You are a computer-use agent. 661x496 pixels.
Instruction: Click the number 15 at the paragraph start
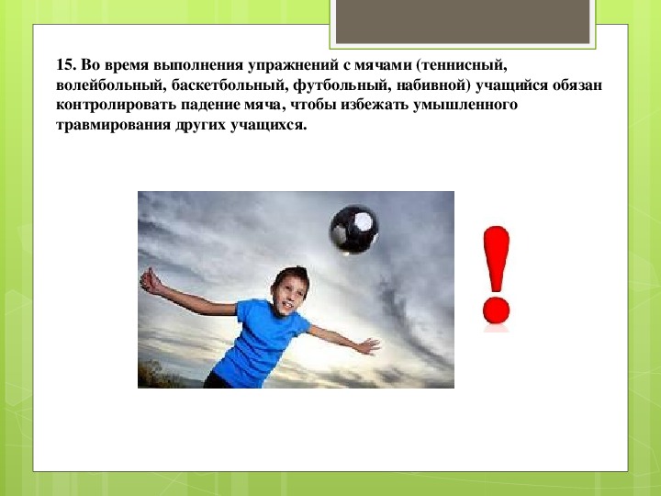(65, 65)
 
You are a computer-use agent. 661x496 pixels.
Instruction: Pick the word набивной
(432, 85)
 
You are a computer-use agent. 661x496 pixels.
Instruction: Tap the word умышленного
(465, 105)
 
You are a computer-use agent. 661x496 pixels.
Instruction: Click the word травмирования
(113, 125)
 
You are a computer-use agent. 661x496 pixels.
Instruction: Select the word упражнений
(292, 66)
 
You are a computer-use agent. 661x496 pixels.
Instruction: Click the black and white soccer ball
(353, 230)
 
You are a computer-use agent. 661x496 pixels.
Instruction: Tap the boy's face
(288, 294)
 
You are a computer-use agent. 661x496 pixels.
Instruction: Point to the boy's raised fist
(150, 281)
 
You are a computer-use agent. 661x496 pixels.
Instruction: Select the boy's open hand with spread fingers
(367, 346)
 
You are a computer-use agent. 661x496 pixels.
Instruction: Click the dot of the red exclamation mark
(496, 310)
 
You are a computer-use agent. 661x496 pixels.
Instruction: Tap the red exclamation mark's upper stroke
(496, 259)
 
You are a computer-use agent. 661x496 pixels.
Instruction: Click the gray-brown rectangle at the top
(463, 21)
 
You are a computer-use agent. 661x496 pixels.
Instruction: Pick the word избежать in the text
(375, 105)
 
